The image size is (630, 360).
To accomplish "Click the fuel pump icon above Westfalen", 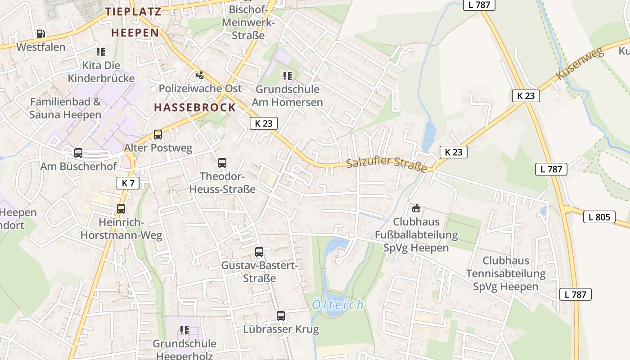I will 40,33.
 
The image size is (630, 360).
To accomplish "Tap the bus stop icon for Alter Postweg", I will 157,134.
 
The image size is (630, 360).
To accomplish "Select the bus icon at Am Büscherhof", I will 78,153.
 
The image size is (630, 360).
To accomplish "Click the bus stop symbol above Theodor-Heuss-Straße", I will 222,163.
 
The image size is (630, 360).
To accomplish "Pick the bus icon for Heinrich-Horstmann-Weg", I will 121,209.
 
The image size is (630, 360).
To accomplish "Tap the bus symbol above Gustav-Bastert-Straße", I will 259,252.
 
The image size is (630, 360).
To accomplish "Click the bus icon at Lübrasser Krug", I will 281,316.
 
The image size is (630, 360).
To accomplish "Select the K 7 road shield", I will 128,183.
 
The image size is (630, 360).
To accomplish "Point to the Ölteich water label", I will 338,305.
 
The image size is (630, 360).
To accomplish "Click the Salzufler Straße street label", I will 387,164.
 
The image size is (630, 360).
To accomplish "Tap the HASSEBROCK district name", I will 195,108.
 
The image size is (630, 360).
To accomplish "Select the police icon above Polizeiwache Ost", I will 200,75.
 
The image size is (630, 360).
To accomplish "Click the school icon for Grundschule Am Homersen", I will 287,76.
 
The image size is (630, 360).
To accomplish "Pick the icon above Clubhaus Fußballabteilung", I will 416,208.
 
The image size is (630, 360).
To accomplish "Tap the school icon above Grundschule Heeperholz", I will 184,330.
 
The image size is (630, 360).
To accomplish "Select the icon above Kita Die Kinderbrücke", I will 101,52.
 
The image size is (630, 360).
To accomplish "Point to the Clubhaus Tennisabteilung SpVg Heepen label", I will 506,274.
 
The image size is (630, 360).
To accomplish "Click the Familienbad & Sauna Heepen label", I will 65,108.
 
